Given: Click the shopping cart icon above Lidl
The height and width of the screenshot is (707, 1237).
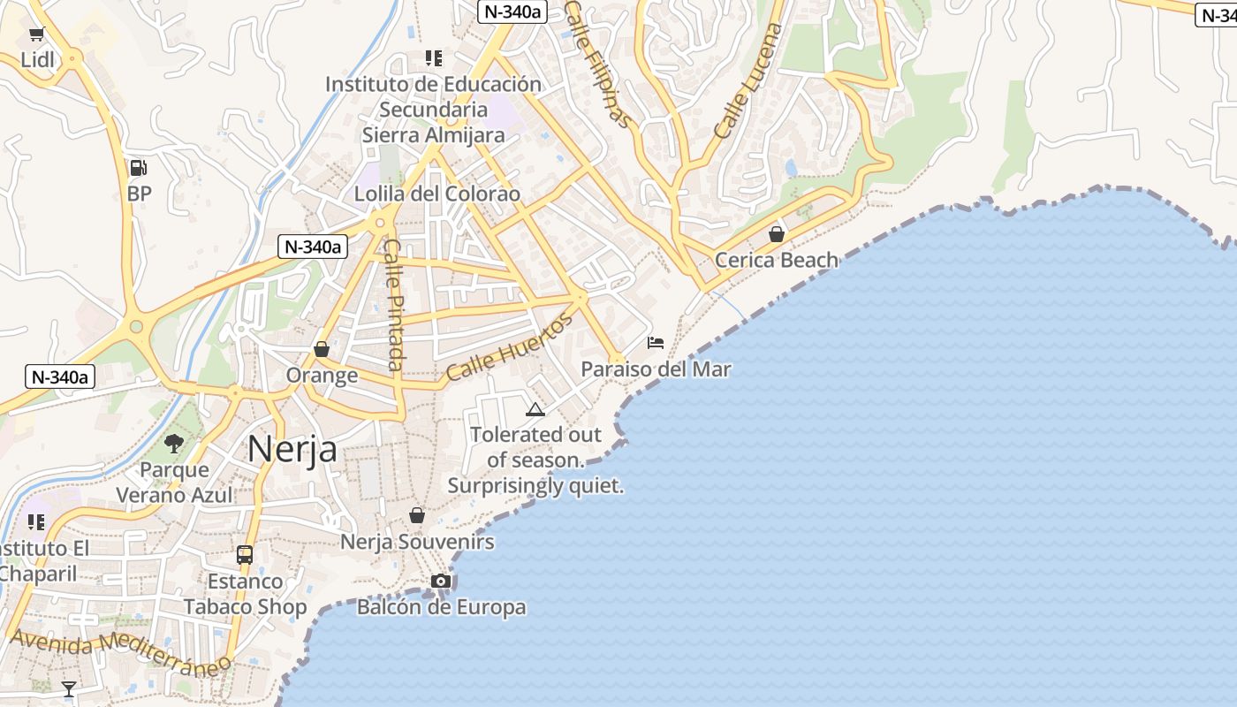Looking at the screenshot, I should (x=36, y=34).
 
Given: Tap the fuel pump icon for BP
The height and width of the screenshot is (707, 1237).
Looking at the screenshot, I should (x=139, y=167).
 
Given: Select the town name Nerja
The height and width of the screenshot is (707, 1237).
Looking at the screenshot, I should (x=292, y=449).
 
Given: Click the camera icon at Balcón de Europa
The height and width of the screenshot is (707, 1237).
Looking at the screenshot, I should (x=440, y=581).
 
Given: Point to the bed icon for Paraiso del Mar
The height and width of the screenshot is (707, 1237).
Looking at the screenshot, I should (x=656, y=342).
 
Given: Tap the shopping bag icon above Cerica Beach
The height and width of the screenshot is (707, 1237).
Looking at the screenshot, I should (x=776, y=234).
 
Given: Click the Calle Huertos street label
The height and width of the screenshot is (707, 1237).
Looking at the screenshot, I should (x=509, y=346).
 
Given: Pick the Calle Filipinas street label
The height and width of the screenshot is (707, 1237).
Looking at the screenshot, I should (x=599, y=64).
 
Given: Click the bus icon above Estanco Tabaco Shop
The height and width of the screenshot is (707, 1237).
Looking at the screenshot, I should (x=245, y=555).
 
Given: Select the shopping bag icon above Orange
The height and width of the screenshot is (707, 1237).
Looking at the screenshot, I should (x=322, y=349).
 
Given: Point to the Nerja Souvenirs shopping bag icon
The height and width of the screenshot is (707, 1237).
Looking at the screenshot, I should (x=417, y=515).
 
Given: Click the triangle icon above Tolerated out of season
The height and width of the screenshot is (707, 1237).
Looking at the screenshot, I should (x=535, y=408).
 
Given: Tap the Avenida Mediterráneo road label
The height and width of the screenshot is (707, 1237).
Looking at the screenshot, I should (x=120, y=652).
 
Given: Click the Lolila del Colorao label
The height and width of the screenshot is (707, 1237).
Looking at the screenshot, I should (x=436, y=194).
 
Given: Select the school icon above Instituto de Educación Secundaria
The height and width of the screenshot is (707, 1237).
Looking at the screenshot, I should (x=433, y=58).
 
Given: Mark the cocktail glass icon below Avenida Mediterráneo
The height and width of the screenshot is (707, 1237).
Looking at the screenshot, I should (x=69, y=688).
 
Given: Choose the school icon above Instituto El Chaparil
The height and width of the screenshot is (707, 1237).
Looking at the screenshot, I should (x=36, y=522).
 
